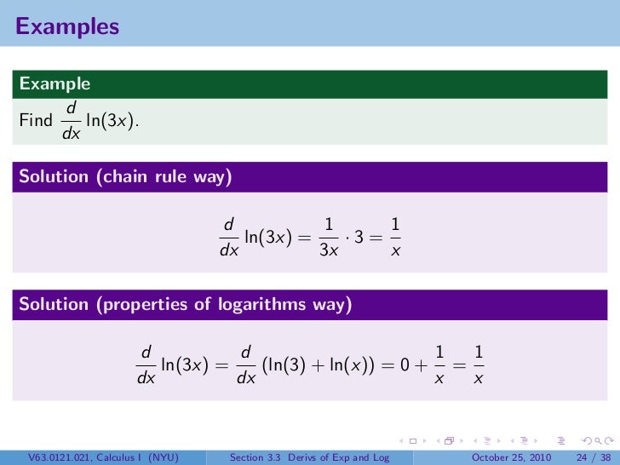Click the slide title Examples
(x=67, y=26)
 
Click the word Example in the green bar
(x=55, y=83)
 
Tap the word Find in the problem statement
(x=36, y=121)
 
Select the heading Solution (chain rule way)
(x=126, y=177)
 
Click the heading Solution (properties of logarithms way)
(x=186, y=304)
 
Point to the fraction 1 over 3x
(x=328, y=238)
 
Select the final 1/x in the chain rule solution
(x=395, y=238)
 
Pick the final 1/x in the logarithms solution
(x=479, y=365)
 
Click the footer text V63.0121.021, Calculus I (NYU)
(x=103, y=457)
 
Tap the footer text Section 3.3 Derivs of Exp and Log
(x=310, y=457)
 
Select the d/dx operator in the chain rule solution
(x=228, y=238)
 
